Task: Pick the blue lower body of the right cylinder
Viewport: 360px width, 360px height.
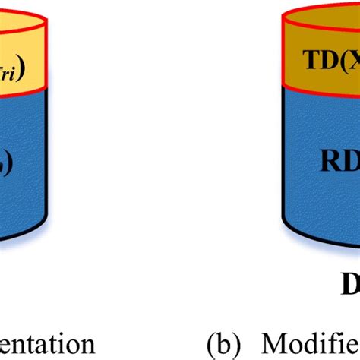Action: (319, 213)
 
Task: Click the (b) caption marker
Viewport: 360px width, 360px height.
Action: (226, 343)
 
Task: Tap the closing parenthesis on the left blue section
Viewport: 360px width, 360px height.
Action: (6, 164)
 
